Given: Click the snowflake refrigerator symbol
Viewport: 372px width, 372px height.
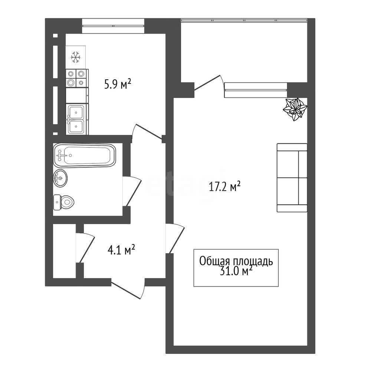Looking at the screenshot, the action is pos(76,57).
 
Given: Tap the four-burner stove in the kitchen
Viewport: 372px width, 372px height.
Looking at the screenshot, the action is pos(76,78).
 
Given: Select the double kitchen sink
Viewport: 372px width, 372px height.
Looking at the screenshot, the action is pos(77,119).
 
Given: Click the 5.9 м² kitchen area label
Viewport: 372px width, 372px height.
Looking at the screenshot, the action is pos(118,84).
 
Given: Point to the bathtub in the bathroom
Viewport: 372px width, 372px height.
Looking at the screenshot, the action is pos(85,155).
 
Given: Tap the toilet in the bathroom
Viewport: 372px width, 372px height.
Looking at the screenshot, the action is pos(63,203).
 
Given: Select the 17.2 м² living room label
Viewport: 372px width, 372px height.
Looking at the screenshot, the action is pos(225,186).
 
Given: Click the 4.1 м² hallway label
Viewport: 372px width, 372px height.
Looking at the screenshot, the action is pos(121,250).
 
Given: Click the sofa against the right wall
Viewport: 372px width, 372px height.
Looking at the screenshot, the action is pos(292,177).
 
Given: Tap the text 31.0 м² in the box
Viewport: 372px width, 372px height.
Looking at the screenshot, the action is pos(236,271).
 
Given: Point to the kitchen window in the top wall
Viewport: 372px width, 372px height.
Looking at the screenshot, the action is pos(113,26).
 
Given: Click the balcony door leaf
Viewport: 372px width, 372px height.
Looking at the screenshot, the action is pos(207,83).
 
